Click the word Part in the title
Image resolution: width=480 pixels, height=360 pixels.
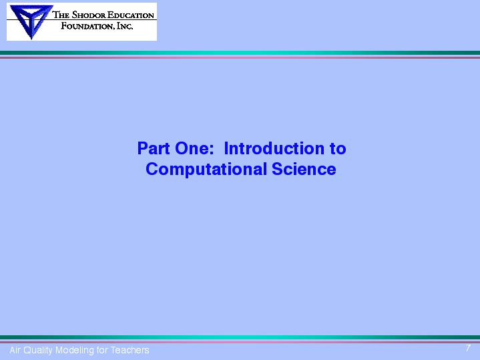[x=154, y=148]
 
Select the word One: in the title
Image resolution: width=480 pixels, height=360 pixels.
[x=194, y=148]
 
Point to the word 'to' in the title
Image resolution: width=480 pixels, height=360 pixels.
[x=338, y=149]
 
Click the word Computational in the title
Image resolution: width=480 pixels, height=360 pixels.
[x=206, y=170]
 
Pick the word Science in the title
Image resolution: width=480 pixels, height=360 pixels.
[x=304, y=169]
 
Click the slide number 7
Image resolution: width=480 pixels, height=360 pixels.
[x=468, y=348]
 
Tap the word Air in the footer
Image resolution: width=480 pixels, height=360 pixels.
[x=15, y=350]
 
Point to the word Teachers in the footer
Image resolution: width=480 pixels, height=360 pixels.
[x=130, y=350]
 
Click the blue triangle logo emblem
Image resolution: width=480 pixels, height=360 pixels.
[x=30, y=21]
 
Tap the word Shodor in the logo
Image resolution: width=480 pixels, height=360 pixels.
[x=89, y=15]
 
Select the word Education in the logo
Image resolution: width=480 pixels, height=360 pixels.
[x=130, y=15]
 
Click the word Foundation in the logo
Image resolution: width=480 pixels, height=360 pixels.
[x=87, y=26]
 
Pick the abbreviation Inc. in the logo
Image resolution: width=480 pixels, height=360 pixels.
[x=125, y=26]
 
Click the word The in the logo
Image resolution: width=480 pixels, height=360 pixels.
[x=61, y=15]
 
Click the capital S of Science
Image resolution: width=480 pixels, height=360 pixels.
[x=277, y=169]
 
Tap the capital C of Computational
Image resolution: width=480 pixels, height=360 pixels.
[x=152, y=169]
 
